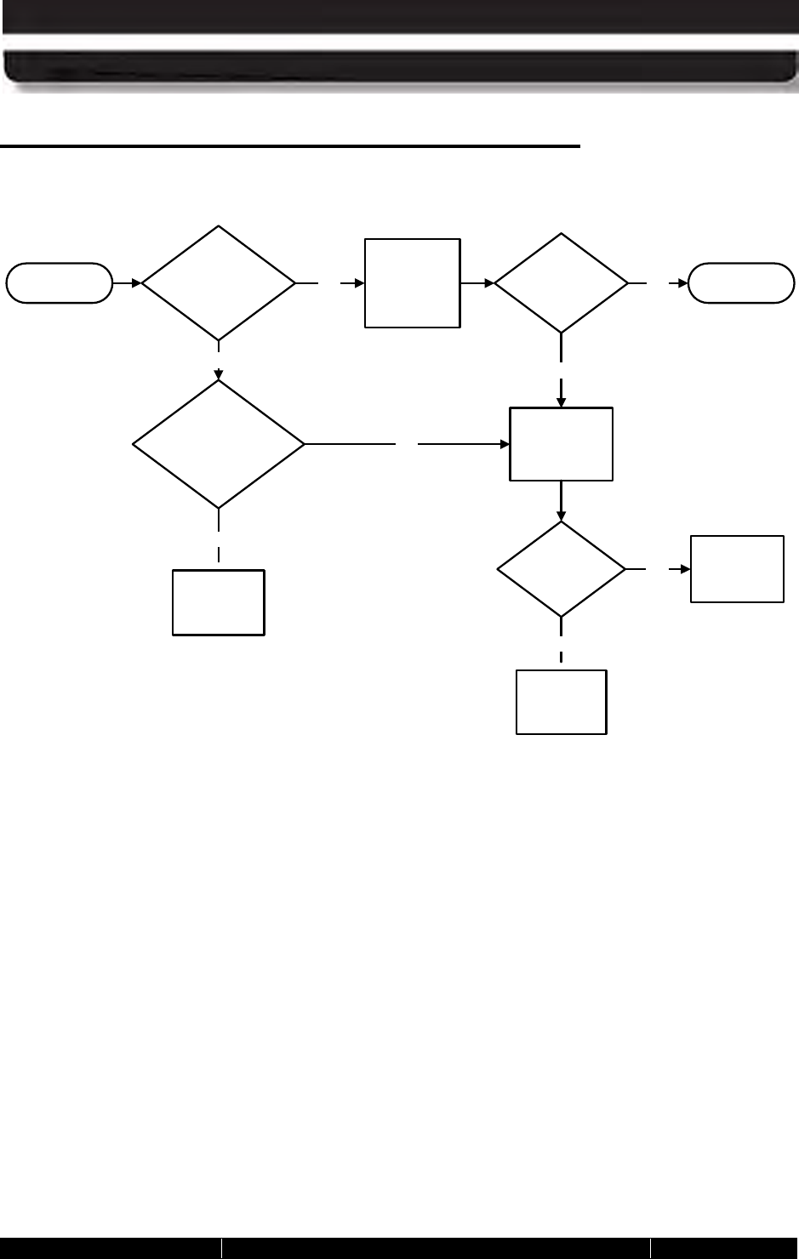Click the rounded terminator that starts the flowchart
coord(59,283)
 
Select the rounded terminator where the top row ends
coord(741,283)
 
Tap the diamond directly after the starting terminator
coord(219,283)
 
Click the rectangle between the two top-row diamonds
coord(413,283)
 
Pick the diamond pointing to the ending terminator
coord(562,283)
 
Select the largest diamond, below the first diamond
coord(219,444)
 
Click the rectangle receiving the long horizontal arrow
coord(561,444)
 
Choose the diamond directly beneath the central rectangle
coord(562,569)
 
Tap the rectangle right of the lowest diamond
coord(737,569)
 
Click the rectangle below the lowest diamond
coord(562,702)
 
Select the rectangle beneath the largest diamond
coord(219,602)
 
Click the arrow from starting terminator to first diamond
coord(127,283)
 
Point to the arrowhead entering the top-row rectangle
coord(359,283)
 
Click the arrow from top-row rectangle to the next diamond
coord(477,283)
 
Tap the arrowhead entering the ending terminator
coord(682,283)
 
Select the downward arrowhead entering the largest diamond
coord(219,374)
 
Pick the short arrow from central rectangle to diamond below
coord(562,500)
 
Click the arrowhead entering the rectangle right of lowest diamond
coord(684,569)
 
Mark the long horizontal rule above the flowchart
coord(289,146)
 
